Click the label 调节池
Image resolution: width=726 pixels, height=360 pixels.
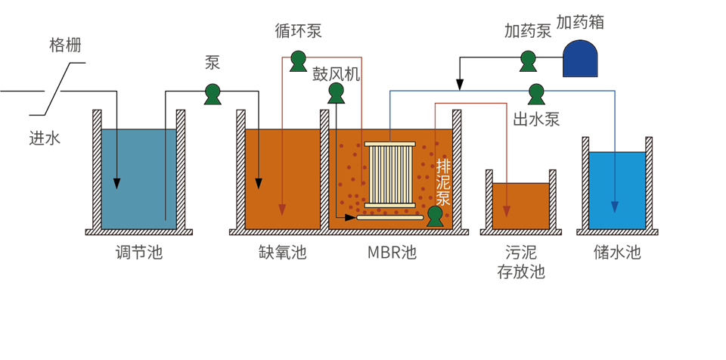(x=138, y=253)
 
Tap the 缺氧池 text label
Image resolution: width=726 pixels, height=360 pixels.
(x=282, y=253)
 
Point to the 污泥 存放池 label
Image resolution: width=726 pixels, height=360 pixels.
(x=520, y=262)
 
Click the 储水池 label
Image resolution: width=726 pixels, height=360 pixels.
(x=617, y=253)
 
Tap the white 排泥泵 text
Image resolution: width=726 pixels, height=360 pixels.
(x=443, y=182)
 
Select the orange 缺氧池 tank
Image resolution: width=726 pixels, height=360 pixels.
(x=282, y=178)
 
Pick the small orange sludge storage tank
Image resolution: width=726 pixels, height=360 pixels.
(x=520, y=205)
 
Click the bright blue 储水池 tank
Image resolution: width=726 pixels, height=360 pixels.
(x=617, y=190)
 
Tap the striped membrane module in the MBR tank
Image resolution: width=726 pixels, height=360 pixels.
(x=391, y=174)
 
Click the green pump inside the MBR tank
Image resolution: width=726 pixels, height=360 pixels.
(x=435, y=216)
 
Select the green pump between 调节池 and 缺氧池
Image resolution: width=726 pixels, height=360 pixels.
(x=213, y=94)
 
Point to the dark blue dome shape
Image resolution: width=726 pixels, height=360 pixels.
(x=580, y=58)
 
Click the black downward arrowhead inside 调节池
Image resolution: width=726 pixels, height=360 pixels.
(x=117, y=183)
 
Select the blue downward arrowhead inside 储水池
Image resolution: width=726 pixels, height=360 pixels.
(x=615, y=206)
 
